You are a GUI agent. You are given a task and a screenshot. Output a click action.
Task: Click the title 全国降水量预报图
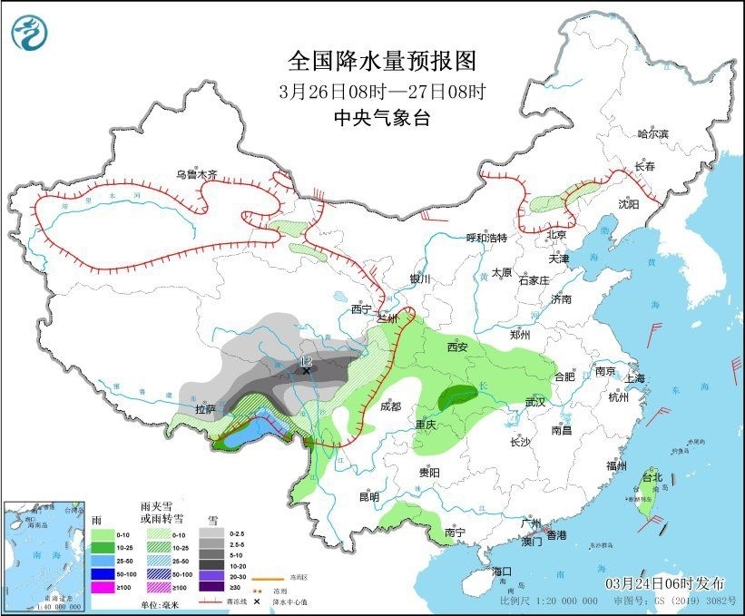[x=381, y=61]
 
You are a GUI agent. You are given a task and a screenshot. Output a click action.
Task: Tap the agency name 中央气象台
[x=381, y=117]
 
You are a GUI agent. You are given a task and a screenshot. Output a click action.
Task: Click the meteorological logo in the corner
[x=30, y=33]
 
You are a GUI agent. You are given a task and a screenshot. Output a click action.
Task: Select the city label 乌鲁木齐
[x=197, y=174]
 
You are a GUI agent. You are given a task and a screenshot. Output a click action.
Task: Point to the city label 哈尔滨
[x=652, y=134]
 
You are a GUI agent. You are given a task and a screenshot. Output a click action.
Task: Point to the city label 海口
[x=503, y=572]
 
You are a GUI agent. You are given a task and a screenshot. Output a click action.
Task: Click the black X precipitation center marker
[x=307, y=370]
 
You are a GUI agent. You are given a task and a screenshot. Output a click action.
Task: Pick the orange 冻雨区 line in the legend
[x=263, y=577]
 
